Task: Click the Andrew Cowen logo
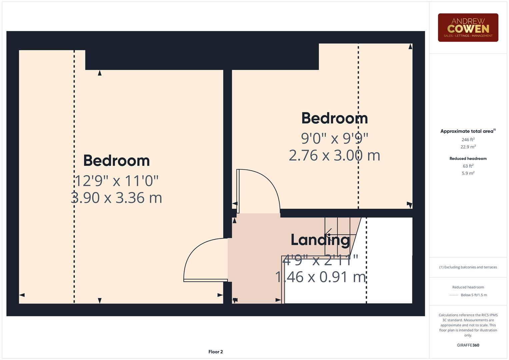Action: [x=468, y=28]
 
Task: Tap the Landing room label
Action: [x=320, y=240]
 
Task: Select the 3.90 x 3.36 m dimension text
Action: [x=117, y=198]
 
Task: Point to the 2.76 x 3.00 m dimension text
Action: [x=334, y=155]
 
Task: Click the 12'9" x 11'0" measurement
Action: [x=117, y=181]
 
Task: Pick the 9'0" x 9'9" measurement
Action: [x=334, y=138]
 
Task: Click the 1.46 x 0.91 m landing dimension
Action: [x=320, y=277]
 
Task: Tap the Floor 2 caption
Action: [x=215, y=352]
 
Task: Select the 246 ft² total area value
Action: [x=468, y=140]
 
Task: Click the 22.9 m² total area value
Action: [x=468, y=147]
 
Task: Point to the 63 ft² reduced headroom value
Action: [x=468, y=166]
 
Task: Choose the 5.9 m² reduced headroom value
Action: [x=468, y=173]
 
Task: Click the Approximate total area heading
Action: [x=468, y=131]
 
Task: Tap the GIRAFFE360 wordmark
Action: [x=468, y=345]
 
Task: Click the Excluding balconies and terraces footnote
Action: [x=468, y=267]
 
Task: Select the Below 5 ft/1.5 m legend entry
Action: [x=473, y=295]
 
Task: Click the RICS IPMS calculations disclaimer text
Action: [x=468, y=325]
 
